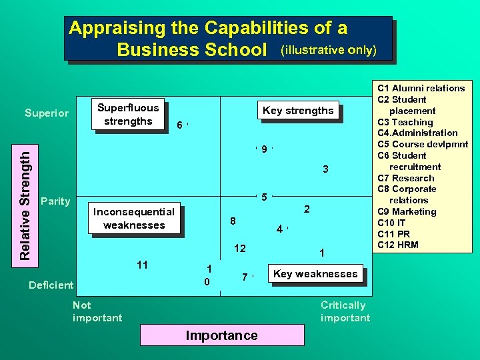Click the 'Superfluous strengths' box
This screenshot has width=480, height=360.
pyautogui.click(x=128, y=115)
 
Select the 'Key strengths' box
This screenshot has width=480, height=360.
pyautogui.click(x=298, y=111)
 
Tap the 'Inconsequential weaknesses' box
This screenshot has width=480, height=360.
pyautogui.click(x=134, y=218)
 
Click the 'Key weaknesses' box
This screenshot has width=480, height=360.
pyautogui.click(x=315, y=273)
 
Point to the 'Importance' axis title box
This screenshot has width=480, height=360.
pyautogui.click(x=221, y=335)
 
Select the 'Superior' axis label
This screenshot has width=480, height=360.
pyautogui.click(x=47, y=113)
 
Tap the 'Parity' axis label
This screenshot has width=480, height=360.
pyautogui.click(x=55, y=201)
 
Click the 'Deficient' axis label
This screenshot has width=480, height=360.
pyautogui.click(x=51, y=285)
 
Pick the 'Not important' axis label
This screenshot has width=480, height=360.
pyautogui.click(x=97, y=311)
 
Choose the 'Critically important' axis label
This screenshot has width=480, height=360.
pyautogui.click(x=345, y=311)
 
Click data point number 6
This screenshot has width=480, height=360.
pyautogui.click(x=180, y=125)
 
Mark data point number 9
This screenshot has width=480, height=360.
pyautogui.click(x=264, y=149)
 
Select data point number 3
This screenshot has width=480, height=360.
pyautogui.click(x=325, y=169)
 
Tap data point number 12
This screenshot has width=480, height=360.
pyautogui.click(x=239, y=249)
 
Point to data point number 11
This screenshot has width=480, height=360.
pyautogui.click(x=142, y=265)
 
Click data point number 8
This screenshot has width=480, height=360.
pyautogui.click(x=232, y=221)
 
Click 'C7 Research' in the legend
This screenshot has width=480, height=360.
pyautogui.click(x=405, y=178)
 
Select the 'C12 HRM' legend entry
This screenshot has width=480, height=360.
pyautogui.click(x=398, y=245)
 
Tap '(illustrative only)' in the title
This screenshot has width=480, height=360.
pyautogui.click(x=329, y=50)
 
